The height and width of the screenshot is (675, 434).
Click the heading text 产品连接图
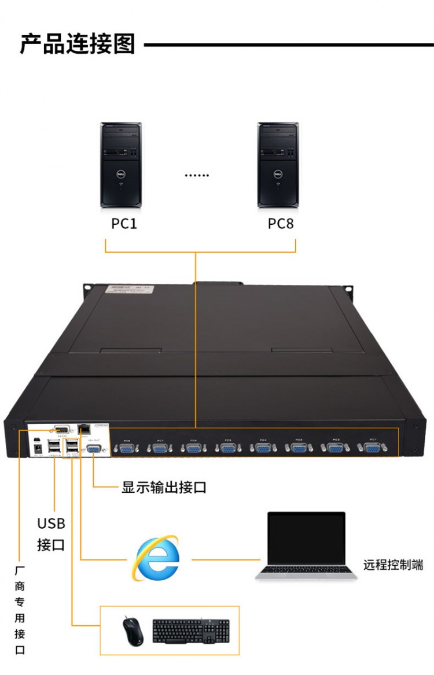(78, 44)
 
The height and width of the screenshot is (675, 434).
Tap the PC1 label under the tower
(124, 223)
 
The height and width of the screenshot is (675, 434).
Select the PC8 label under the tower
(281, 223)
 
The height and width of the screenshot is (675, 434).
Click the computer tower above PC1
(121, 165)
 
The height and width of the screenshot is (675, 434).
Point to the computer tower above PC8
(278, 165)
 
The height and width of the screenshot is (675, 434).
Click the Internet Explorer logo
(155, 558)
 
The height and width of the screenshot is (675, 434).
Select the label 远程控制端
(393, 565)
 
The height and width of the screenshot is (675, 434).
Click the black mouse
(131, 631)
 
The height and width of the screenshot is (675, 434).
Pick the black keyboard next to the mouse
(191, 631)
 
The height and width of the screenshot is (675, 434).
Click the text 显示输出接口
(164, 487)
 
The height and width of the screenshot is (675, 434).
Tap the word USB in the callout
(51, 524)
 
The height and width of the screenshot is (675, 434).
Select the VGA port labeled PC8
(126, 448)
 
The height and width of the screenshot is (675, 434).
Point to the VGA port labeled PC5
(227, 448)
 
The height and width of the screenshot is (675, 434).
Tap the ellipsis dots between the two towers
(197, 175)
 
